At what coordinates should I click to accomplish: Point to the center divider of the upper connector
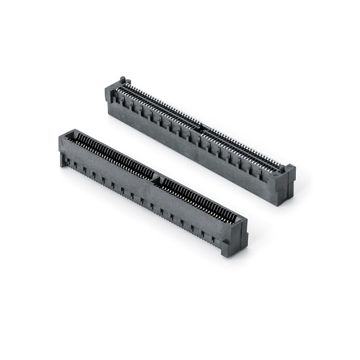(202, 128)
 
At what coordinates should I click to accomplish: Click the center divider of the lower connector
(157, 178)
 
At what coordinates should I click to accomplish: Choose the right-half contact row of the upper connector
(243, 147)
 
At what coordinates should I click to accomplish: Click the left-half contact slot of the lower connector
(114, 156)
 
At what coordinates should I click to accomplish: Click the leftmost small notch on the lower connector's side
(67, 161)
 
